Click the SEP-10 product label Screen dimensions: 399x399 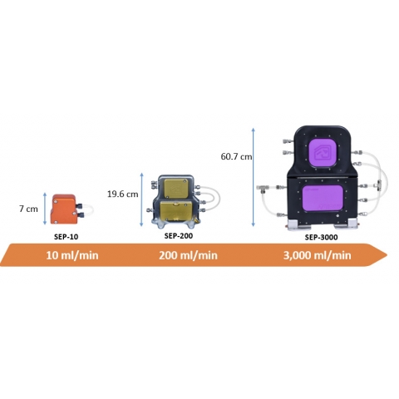click(x=66, y=237)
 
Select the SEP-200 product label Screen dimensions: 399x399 click(x=179, y=236)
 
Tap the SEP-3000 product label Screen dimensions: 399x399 click(x=321, y=237)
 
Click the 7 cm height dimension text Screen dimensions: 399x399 click(x=28, y=209)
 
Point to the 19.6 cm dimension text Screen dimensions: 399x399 click(x=122, y=194)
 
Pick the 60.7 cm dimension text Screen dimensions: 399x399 click(x=236, y=156)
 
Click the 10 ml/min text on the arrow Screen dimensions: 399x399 click(x=72, y=255)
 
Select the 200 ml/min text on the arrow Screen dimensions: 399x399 click(x=188, y=255)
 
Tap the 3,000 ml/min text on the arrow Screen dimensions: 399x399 click(x=317, y=255)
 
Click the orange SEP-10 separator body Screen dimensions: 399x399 click(x=63, y=209)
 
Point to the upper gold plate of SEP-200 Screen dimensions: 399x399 click(x=175, y=189)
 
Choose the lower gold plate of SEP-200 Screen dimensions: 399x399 click(x=176, y=210)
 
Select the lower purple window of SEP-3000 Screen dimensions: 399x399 click(x=323, y=198)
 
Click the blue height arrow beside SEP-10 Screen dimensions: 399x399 click(x=45, y=209)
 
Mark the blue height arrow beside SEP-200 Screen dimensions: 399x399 click(x=141, y=199)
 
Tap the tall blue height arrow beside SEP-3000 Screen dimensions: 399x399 click(x=253, y=177)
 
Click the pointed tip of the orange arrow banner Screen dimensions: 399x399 click(x=387, y=255)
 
